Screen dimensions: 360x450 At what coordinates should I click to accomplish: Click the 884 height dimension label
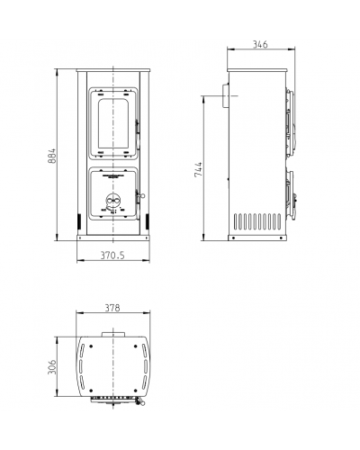52,156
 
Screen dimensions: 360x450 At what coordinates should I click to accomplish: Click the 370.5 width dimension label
112,256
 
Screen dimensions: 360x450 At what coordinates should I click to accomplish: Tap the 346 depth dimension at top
260,44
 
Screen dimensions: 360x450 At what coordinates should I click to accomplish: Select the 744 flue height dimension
198,169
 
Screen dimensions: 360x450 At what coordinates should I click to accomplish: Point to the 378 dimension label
112,308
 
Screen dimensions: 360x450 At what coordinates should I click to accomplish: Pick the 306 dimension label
52,367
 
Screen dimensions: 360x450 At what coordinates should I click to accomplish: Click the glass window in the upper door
113,123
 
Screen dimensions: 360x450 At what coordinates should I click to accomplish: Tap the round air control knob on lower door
113,200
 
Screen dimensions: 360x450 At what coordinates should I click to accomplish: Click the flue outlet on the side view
225,95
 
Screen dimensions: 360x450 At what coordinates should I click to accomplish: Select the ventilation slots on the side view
257,221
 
